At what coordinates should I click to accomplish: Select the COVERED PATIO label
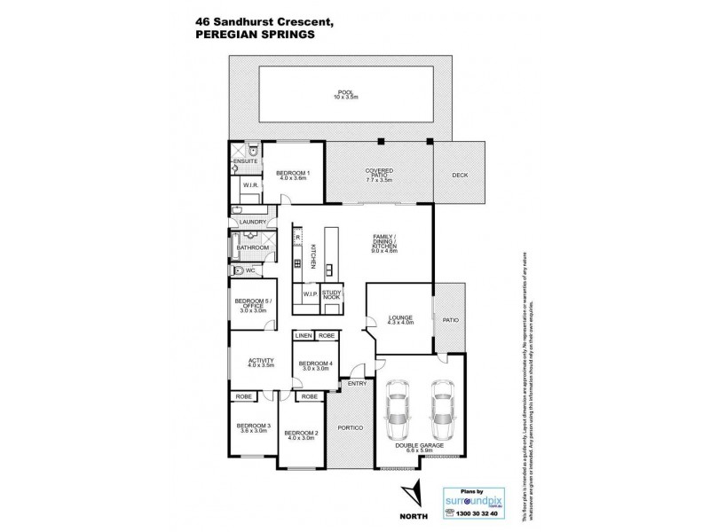coord(379,172)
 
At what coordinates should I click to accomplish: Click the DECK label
coord(459,176)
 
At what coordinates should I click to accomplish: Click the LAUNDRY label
coord(253,221)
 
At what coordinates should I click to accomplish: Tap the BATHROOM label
coord(251,247)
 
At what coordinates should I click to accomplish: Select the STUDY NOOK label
coord(332,294)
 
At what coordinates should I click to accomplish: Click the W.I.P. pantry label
coord(310,294)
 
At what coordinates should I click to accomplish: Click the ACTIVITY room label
coord(261,363)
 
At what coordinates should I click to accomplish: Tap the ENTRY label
coord(357,383)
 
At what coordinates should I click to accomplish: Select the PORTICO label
coord(352,427)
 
